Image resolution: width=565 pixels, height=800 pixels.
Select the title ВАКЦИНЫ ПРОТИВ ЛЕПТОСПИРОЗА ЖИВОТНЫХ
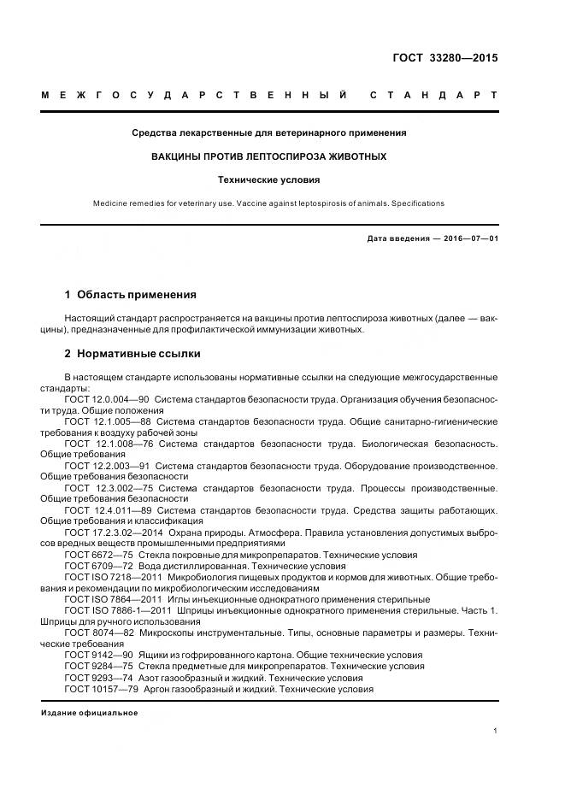click(268, 156)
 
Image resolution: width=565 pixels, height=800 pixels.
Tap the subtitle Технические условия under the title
click(268, 180)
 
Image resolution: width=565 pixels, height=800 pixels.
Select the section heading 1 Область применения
click(130, 295)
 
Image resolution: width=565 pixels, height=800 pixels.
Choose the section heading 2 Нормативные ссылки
click(132, 353)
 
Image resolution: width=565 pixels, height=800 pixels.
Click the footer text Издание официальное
click(89, 713)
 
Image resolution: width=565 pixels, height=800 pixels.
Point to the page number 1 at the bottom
click(495, 731)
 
